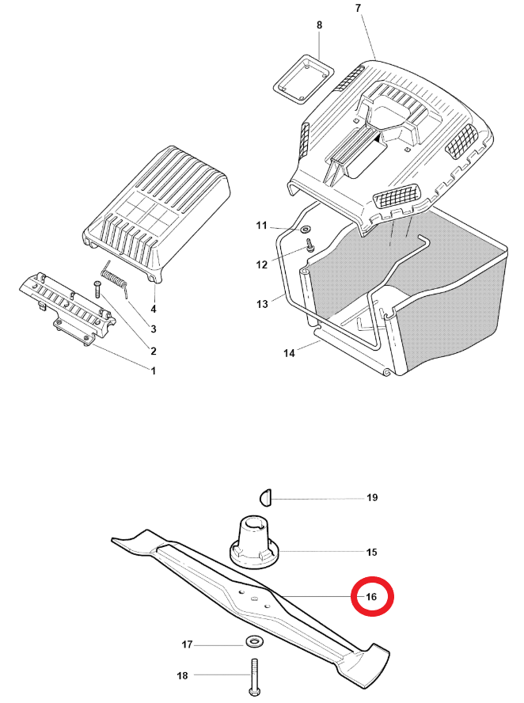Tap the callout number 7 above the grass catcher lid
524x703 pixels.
click(357, 8)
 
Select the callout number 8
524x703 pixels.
click(319, 25)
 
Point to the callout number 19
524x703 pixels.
click(372, 498)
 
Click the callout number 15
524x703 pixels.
click(371, 551)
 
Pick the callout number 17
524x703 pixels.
click(188, 645)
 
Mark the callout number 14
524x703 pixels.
click(290, 354)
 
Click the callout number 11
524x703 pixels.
click(263, 226)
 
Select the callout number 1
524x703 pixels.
click(153, 370)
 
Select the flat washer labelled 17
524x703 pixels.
click(254, 640)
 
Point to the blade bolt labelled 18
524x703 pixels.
click(254, 677)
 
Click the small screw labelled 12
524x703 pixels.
click(311, 247)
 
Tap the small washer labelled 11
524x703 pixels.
click(304, 230)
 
